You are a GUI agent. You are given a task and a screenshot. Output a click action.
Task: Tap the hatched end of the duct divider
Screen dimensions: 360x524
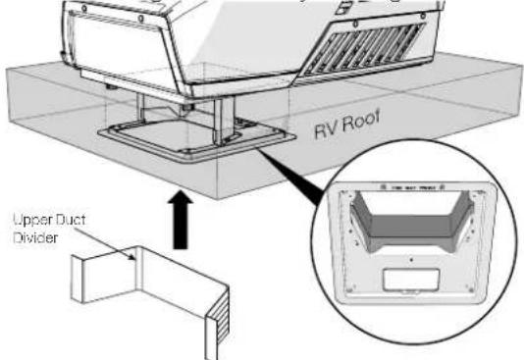[219, 318]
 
